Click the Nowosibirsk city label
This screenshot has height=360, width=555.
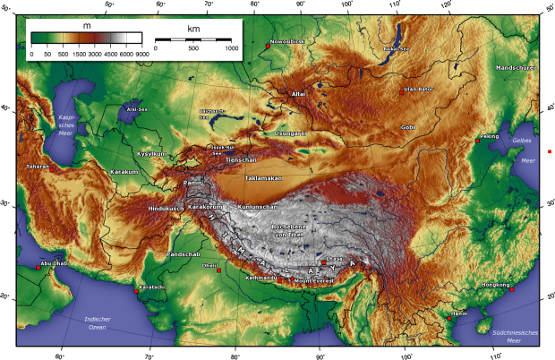(x=290, y=40)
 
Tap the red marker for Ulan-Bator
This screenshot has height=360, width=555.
(x=400, y=90)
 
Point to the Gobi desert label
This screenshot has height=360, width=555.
(x=408, y=128)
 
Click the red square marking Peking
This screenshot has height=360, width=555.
(x=477, y=141)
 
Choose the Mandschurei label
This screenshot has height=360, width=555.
(x=517, y=68)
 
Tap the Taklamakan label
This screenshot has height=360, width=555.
(x=263, y=178)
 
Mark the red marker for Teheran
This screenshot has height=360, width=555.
(x=52, y=167)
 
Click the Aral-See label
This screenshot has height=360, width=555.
(x=137, y=107)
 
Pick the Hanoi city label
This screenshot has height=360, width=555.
(x=459, y=313)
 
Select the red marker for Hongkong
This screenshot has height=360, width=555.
(x=511, y=289)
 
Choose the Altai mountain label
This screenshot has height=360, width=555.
(x=299, y=93)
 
